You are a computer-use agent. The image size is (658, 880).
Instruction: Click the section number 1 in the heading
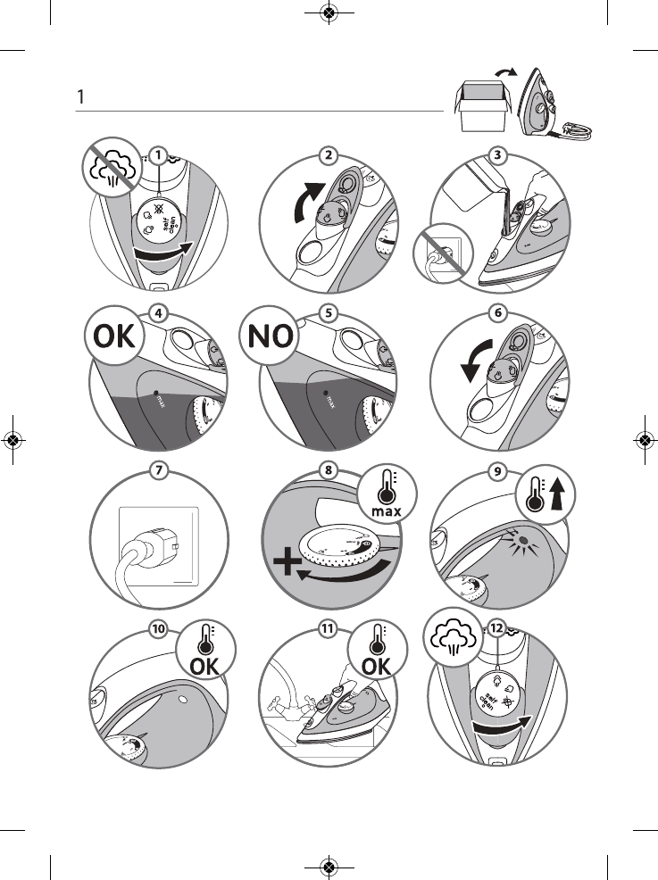pos(80,96)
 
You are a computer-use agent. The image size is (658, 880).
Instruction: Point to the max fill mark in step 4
pos(157,392)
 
